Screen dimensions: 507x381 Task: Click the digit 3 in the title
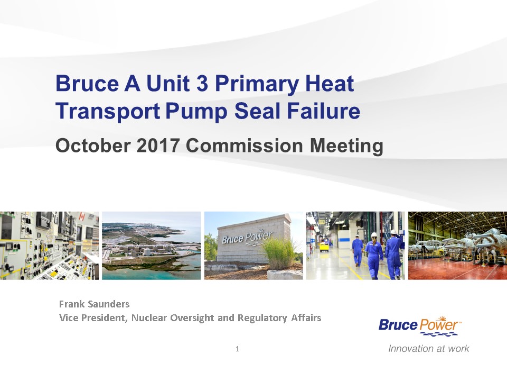click(x=202, y=83)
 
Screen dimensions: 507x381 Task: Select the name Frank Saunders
click(x=94, y=304)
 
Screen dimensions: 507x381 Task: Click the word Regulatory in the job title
click(x=262, y=318)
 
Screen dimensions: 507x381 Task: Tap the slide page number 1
click(x=237, y=349)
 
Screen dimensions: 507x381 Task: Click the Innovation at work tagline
click(x=428, y=349)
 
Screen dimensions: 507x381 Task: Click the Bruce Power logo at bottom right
click(x=420, y=326)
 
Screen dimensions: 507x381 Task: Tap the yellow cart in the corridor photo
click(x=324, y=247)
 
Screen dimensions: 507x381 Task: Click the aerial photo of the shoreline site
click(x=152, y=246)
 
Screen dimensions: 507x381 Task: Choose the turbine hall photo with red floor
click(x=457, y=246)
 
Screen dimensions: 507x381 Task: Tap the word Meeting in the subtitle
click(x=346, y=146)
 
